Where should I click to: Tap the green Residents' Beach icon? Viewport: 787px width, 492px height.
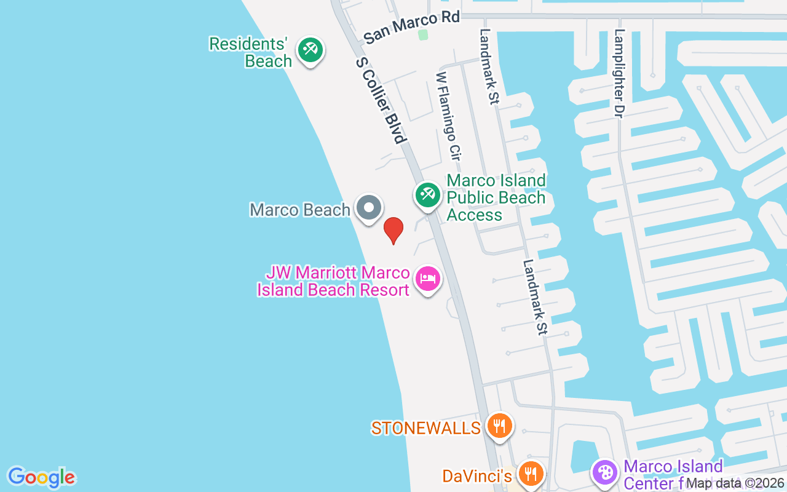310,50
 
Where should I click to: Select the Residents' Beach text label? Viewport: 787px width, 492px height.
249,52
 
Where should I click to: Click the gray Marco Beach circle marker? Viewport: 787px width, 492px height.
369,208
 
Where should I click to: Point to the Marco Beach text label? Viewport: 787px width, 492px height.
300,210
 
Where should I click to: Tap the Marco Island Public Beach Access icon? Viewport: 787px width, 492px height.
427,195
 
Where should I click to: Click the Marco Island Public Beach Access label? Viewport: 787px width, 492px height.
496,197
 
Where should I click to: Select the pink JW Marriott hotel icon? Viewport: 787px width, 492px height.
427,279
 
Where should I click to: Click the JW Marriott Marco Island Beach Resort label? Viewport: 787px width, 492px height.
334,281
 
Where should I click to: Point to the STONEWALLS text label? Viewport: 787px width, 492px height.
425,428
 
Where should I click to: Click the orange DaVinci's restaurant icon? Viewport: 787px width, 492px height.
529,474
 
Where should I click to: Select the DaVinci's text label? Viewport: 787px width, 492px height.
477,476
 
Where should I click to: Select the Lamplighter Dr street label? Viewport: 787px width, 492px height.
619,74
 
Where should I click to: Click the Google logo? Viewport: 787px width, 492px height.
41,477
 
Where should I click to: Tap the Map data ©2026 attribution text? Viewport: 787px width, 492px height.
735,483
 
